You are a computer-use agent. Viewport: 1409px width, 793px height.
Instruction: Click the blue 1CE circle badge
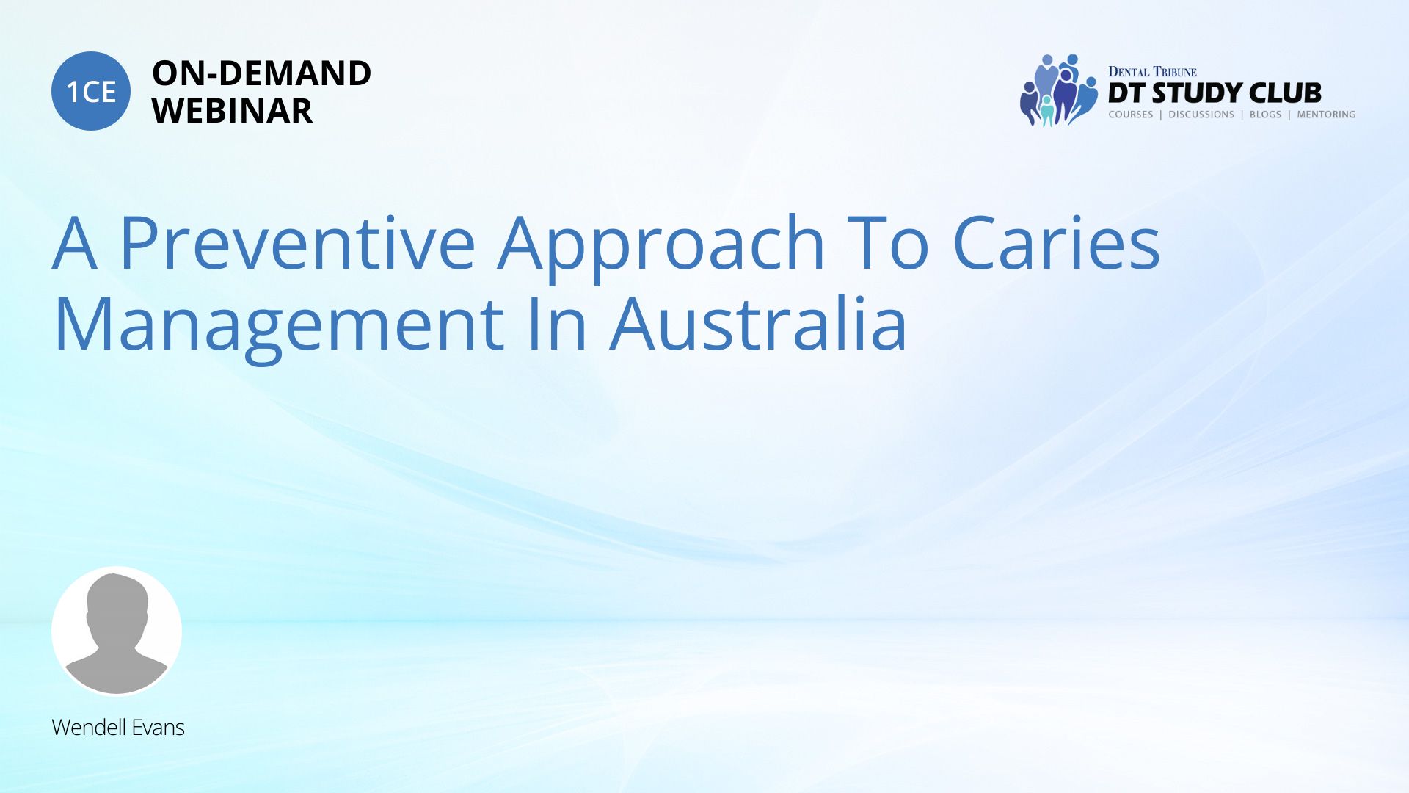(91, 91)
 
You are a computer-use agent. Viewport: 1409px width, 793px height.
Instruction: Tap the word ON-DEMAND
(261, 73)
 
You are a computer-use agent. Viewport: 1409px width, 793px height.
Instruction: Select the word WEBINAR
(232, 111)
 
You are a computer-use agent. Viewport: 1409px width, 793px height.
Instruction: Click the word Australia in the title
(759, 323)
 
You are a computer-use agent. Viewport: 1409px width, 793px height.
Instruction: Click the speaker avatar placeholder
(117, 631)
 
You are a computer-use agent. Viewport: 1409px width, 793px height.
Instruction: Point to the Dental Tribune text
(1152, 72)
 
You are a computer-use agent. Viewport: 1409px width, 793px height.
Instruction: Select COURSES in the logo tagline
(1131, 115)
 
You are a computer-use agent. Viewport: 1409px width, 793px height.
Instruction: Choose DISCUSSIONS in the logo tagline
(1201, 115)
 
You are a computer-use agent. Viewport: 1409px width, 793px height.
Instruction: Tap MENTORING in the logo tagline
(1326, 115)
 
